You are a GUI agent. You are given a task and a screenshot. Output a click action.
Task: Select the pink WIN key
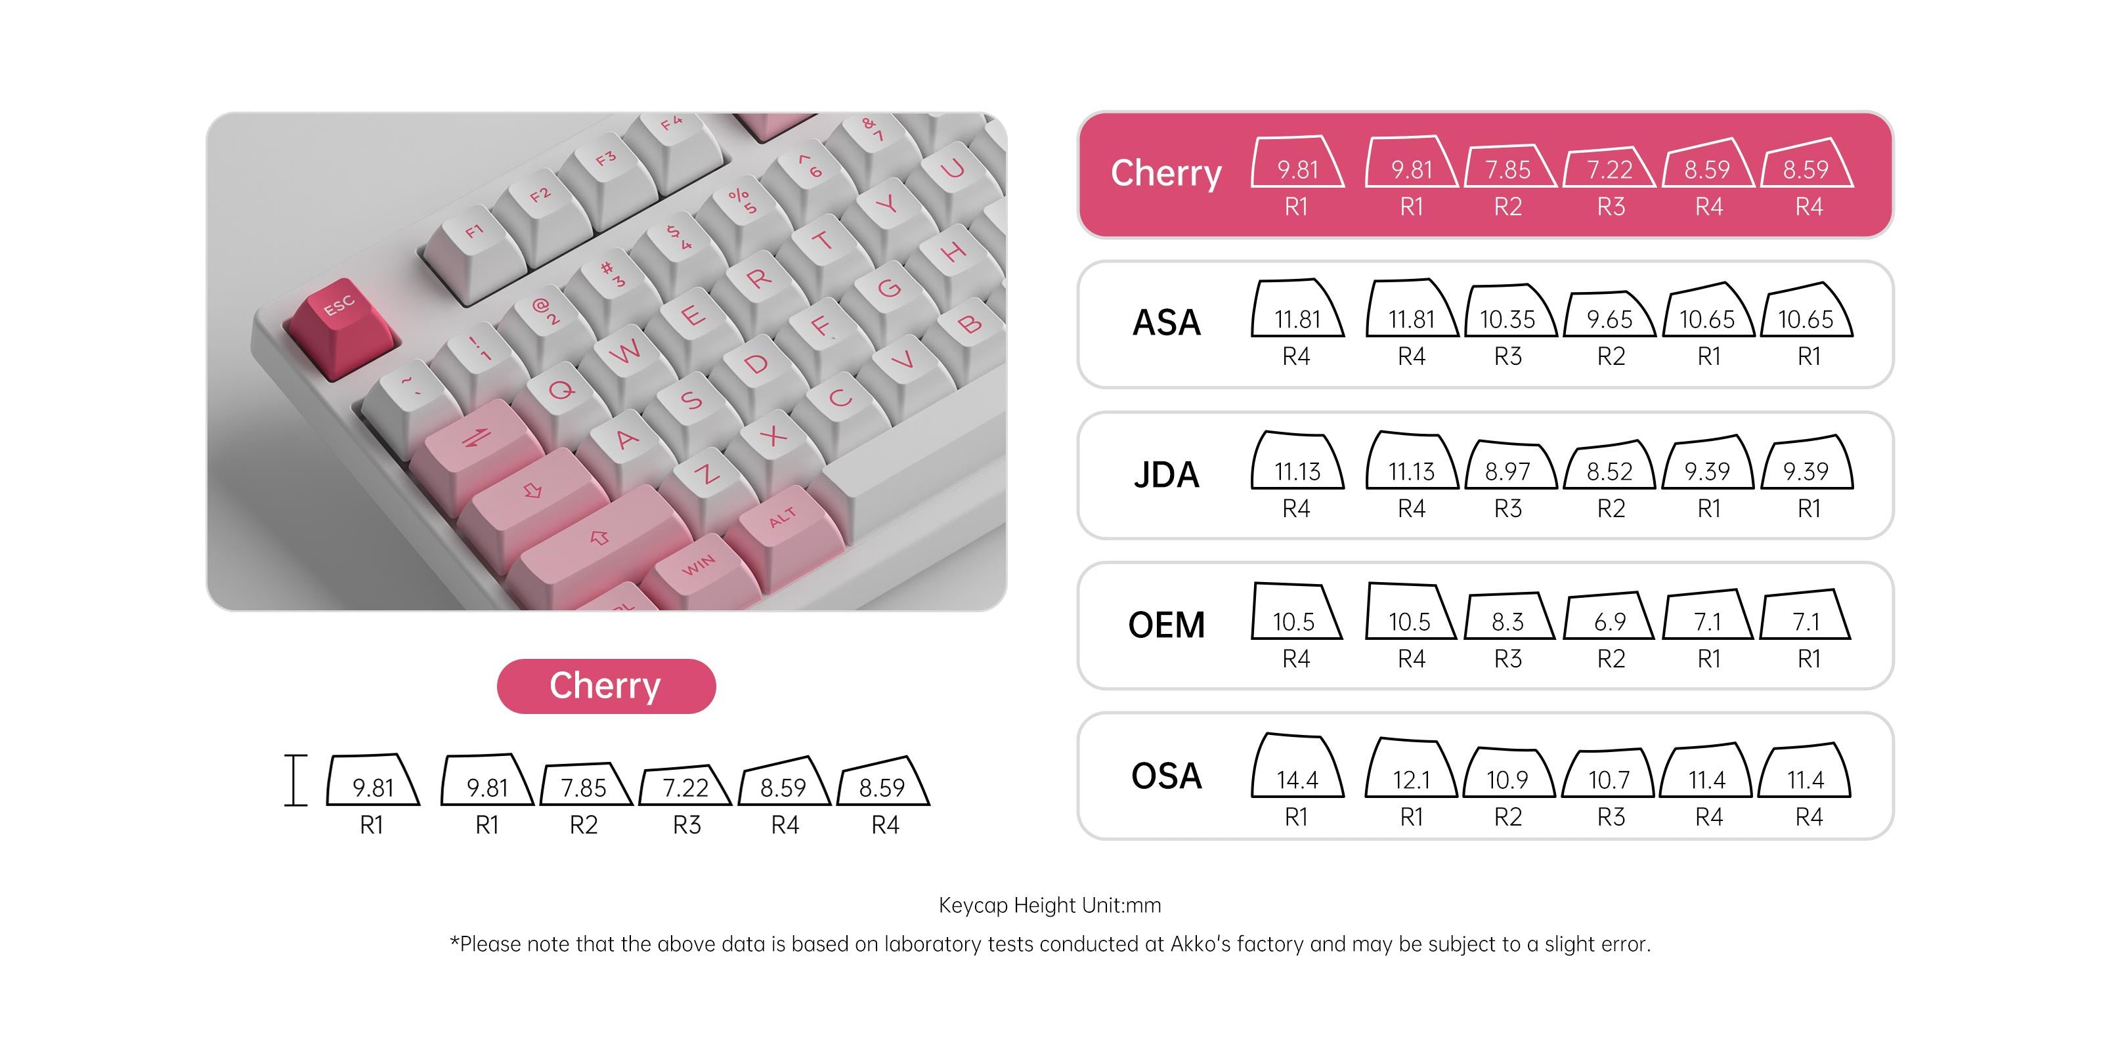tap(701, 571)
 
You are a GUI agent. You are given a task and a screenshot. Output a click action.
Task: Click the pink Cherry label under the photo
tap(606, 686)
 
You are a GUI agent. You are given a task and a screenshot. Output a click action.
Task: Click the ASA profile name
tap(1166, 323)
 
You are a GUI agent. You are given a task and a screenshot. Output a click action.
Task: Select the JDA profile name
tap(1166, 475)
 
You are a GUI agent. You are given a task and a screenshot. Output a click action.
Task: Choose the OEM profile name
tap(1166, 625)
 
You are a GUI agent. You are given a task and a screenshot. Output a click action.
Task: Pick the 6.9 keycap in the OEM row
tap(1609, 616)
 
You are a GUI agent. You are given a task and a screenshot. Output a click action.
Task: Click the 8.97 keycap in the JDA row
tap(1509, 464)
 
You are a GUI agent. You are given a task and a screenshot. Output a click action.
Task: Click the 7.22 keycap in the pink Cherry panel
tap(1609, 167)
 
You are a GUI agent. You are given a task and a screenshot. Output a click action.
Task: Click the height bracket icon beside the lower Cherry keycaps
tap(295, 780)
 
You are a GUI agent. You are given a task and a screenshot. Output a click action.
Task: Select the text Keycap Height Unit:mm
tap(1050, 906)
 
